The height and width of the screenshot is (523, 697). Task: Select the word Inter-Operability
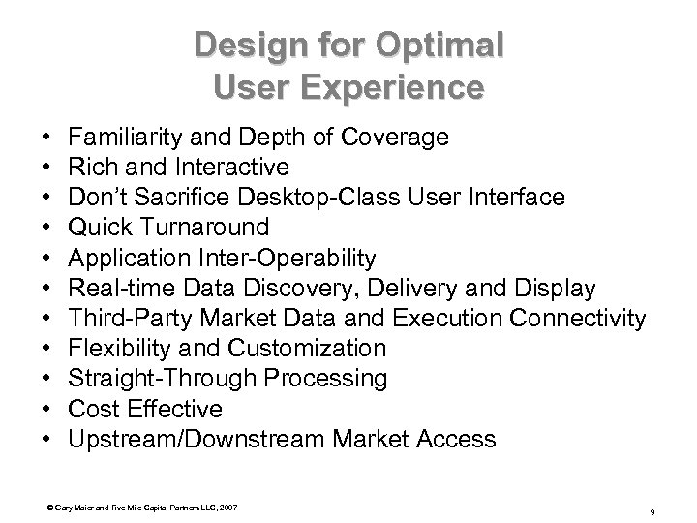tap(290, 259)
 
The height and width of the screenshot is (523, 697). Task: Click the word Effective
tap(180, 409)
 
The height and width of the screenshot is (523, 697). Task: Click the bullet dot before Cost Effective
tap(48, 410)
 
